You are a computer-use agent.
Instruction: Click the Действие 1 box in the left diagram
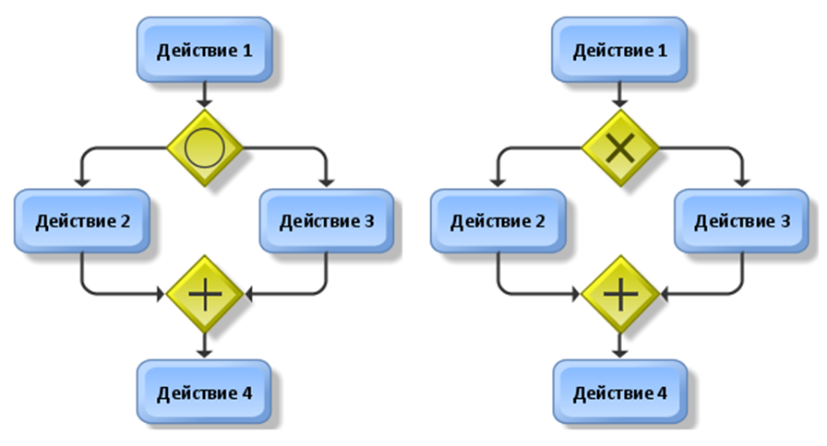tap(204, 50)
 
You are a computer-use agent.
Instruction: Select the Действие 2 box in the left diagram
tap(81, 220)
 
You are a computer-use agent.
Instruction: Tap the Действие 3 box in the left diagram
tap(328, 220)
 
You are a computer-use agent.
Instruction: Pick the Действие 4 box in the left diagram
tap(204, 393)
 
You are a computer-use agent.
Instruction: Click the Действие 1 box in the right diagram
tap(619, 50)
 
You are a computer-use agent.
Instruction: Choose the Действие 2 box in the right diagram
tap(497, 220)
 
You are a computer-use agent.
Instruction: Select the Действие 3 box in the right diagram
tap(742, 220)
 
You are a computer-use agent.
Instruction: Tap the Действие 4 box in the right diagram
tap(619, 393)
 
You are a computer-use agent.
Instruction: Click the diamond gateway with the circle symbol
tap(204, 147)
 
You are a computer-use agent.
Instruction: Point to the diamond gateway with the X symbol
tap(619, 147)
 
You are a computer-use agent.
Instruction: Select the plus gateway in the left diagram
tap(204, 294)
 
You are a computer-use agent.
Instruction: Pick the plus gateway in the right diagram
tap(619, 294)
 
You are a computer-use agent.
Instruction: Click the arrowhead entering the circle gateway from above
tap(204, 102)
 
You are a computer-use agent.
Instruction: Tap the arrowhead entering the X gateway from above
tap(619, 102)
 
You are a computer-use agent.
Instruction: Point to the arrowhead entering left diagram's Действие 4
tap(204, 353)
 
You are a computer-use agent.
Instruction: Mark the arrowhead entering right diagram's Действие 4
tap(619, 353)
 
